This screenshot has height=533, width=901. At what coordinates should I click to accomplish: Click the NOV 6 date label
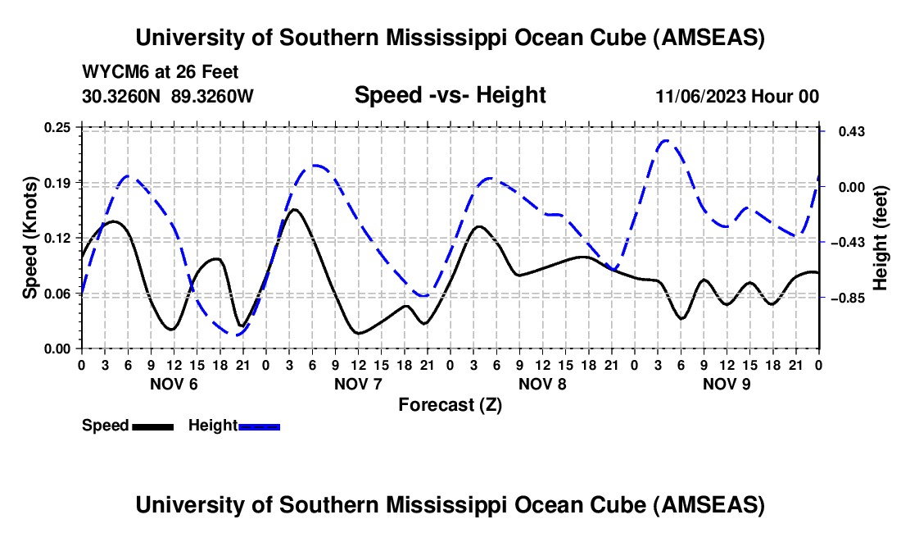[x=173, y=384]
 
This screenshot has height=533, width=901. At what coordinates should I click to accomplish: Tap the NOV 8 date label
[x=542, y=384]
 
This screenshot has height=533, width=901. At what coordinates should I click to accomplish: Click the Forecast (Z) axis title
[x=450, y=404]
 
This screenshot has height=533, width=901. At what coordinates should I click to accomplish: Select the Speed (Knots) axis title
[x=29, y=238]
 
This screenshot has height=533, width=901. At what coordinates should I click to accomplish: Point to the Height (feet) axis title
[x=881, y=238]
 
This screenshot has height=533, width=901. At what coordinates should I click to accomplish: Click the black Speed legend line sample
[x=152, y=426]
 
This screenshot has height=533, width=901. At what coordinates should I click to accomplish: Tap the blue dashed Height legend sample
[x=259, y=426]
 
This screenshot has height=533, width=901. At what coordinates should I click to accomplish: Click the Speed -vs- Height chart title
[x=450, y=95]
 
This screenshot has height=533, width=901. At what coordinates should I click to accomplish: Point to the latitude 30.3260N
[x=123, y=96]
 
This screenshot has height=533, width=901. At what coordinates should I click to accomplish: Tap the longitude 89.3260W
[x=213, y=96]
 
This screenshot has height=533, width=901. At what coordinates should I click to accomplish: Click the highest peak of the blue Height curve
[x=665, y=140]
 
